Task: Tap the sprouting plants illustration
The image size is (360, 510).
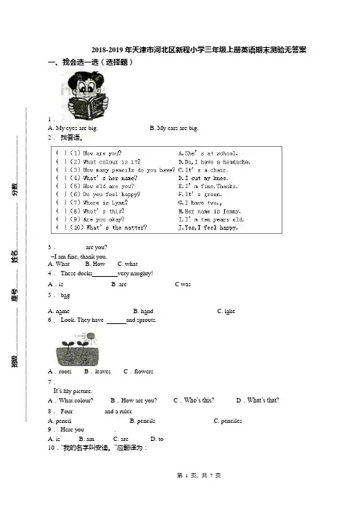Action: pyautogui.click(x=78, y=349)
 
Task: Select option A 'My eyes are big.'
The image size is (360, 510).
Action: pyautogui.click(x=73, y=128)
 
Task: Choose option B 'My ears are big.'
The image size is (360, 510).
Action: pyautogui.click(x=173, y=128)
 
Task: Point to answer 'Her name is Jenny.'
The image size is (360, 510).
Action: pyautogui.click(x=210, y=211)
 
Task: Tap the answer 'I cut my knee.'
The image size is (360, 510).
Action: pyautogui.click(x=203, y=178)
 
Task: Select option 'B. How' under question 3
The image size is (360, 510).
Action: pyautogui.click(x=95, y=264)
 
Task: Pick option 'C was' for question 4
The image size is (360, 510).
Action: pyautogui.click(x=183, y=284)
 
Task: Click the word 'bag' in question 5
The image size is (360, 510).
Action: pyautogui.click(x=65, y=296)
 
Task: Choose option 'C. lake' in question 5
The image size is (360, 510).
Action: pyautogui.click(x=226, y=311)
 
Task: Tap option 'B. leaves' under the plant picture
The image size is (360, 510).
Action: pyautogui.click(x=97, y=371)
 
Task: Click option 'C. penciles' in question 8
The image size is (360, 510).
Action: pyautogui.click(x=228, y=421)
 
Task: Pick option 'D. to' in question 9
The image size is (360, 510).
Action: pyautogui.click(x=157, y=439)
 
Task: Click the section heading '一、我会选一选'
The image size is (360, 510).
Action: pyautogui.click(x=90, y=62)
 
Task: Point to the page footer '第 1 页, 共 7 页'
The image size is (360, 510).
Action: pyautogui.click(x=199, y=476)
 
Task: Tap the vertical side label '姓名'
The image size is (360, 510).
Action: pyautogui.click(x=15, y=256)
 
